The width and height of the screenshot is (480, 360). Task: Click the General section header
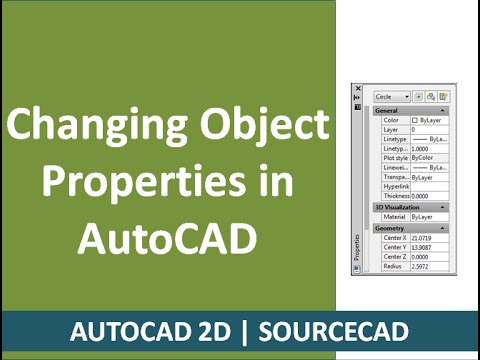click(x=388, y=110)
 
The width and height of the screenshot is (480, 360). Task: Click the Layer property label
click(x=391, y=130)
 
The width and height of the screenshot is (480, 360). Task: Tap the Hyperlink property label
click(x=396, y=186)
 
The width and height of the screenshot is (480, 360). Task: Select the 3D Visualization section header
click(x=397, y=207)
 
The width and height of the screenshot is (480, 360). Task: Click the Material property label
click(x=396, y=217)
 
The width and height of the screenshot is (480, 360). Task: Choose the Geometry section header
click(x=391, y=228)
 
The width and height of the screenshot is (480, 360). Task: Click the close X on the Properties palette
click(x=357, y=89)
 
